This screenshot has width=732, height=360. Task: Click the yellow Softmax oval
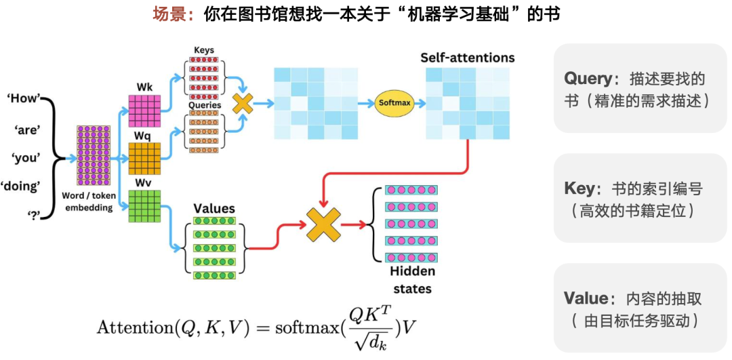394,103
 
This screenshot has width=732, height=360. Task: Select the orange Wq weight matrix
144,159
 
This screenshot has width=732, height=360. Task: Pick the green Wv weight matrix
144,206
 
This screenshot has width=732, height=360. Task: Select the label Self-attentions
467,58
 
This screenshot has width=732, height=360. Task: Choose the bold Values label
214,208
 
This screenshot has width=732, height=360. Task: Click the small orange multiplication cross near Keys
243,103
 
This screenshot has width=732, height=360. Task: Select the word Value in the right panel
585,298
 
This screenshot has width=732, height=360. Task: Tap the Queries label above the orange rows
204,106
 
